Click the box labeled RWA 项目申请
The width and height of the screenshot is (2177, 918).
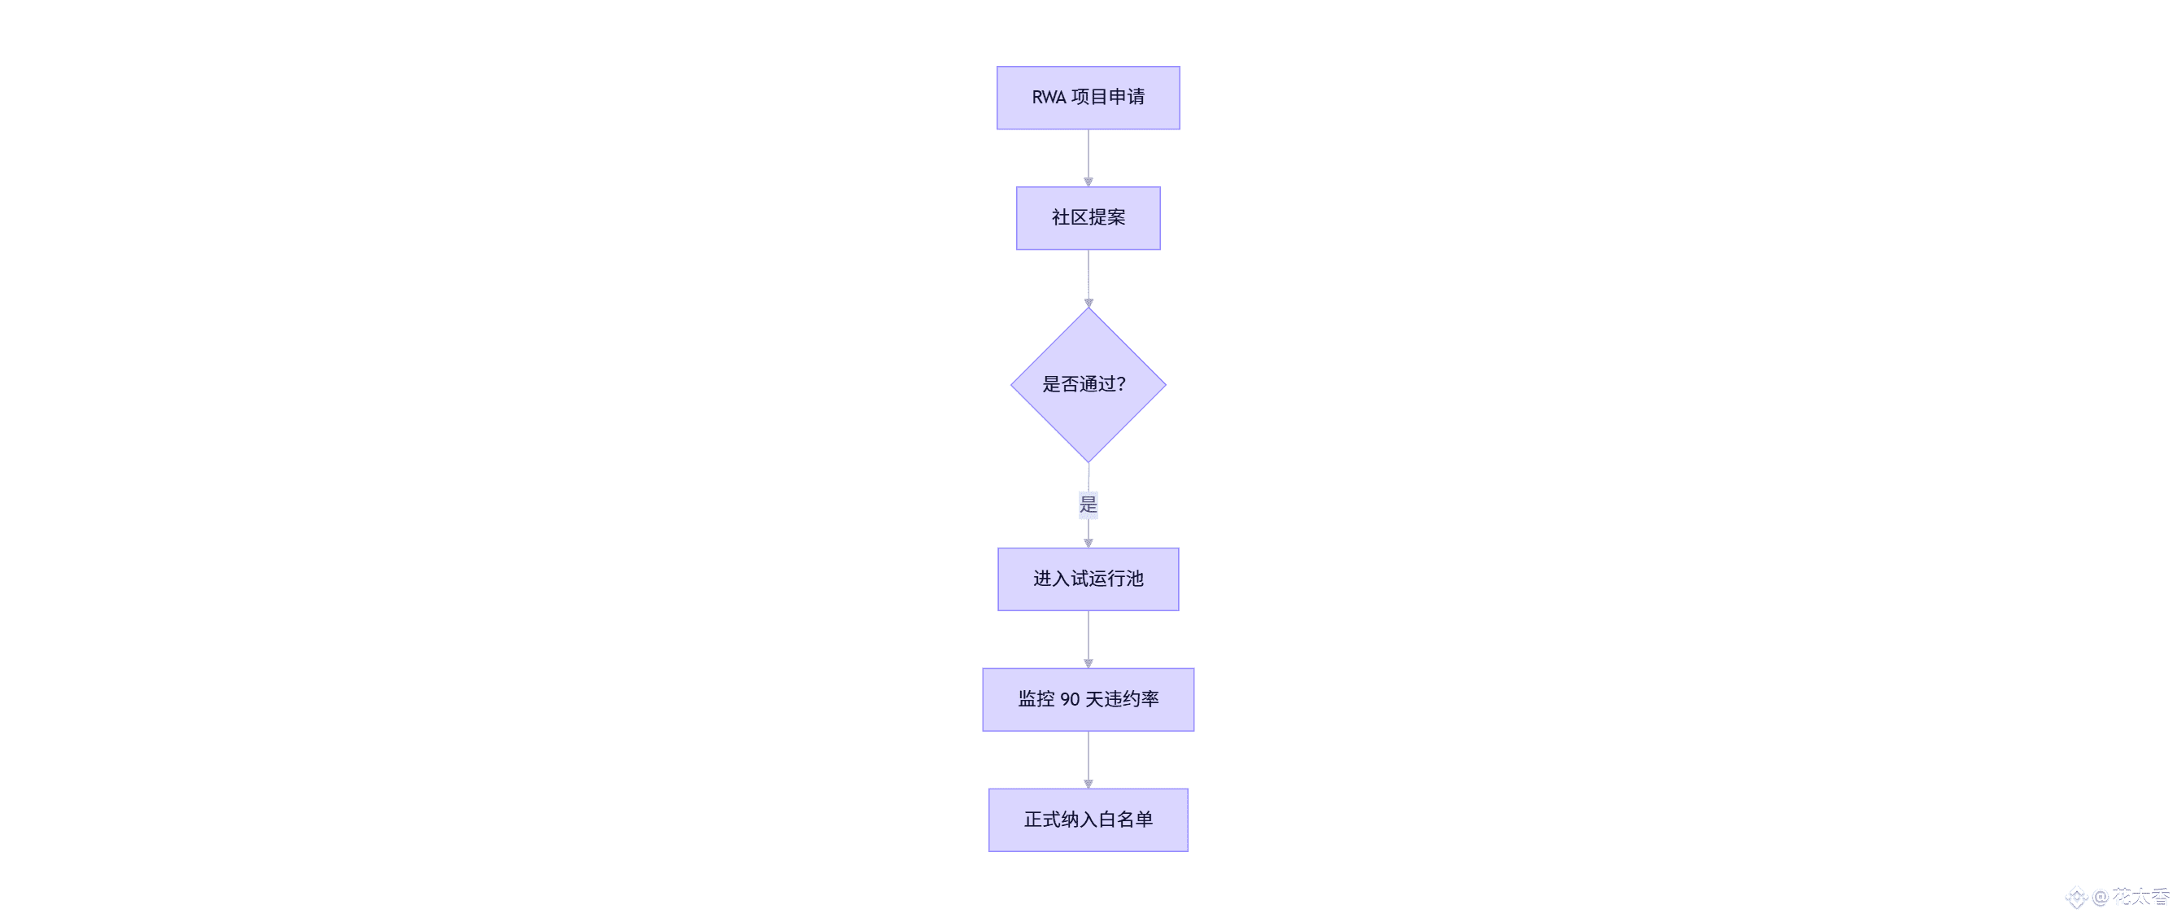pos(1088,98)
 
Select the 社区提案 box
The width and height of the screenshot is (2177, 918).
pos(1088,218)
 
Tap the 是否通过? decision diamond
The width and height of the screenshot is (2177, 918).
pos(1088,385)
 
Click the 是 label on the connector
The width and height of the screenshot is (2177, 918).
pos(1088,505)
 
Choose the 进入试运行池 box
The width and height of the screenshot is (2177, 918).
pos(1088,579)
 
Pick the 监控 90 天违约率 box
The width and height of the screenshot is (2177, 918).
pos(1088,700)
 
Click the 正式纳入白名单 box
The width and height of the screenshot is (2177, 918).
pos(1088,820)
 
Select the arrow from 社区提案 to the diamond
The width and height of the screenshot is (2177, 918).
pos(1088,278)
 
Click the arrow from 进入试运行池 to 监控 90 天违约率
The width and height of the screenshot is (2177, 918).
pos(1088,639)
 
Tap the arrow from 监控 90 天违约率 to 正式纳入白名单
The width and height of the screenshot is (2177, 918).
pos(1088,759)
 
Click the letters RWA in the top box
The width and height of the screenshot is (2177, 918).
pos(1049,98)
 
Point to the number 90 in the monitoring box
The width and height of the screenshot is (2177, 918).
pos(1070,700)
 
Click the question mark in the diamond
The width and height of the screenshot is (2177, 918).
pos(1120,385)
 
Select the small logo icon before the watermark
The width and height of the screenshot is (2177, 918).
pos(2076,898)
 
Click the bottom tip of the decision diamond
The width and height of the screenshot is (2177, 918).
pos(1088,461)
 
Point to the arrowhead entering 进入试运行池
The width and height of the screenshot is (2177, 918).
pos(1088,543)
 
